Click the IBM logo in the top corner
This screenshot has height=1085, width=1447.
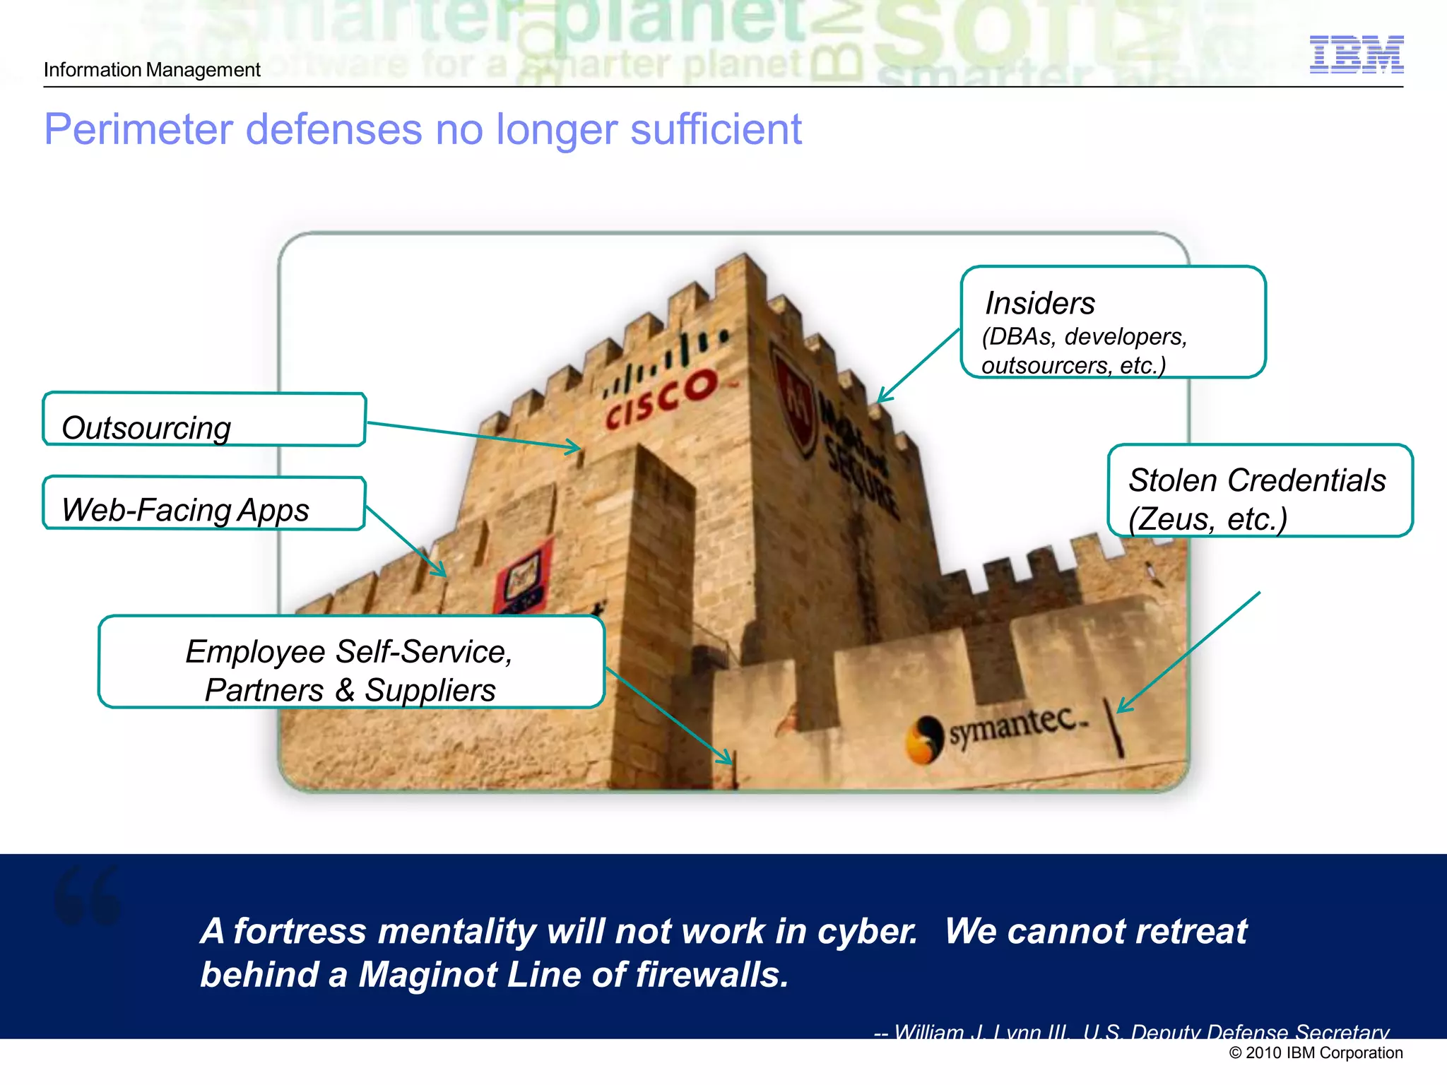(1356, 54)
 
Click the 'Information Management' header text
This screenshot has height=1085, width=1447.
(152, 70)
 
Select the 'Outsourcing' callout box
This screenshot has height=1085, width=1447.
(203, 420)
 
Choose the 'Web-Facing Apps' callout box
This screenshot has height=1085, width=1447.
(203, 504)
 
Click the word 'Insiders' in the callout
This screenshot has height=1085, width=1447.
(1039, 304)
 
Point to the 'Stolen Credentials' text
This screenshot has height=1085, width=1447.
(1256, 480)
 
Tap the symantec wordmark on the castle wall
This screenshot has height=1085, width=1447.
(1015, 725)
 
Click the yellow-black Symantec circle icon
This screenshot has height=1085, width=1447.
(924, 740)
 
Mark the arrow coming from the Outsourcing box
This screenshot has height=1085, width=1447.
(473, 434)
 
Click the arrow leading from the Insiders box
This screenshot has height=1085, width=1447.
(919, 366)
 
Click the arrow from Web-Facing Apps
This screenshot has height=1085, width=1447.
(406, 541)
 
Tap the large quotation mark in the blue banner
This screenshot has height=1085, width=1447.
(88, 895)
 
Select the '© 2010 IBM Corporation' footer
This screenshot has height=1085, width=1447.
(1316, 1053)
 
